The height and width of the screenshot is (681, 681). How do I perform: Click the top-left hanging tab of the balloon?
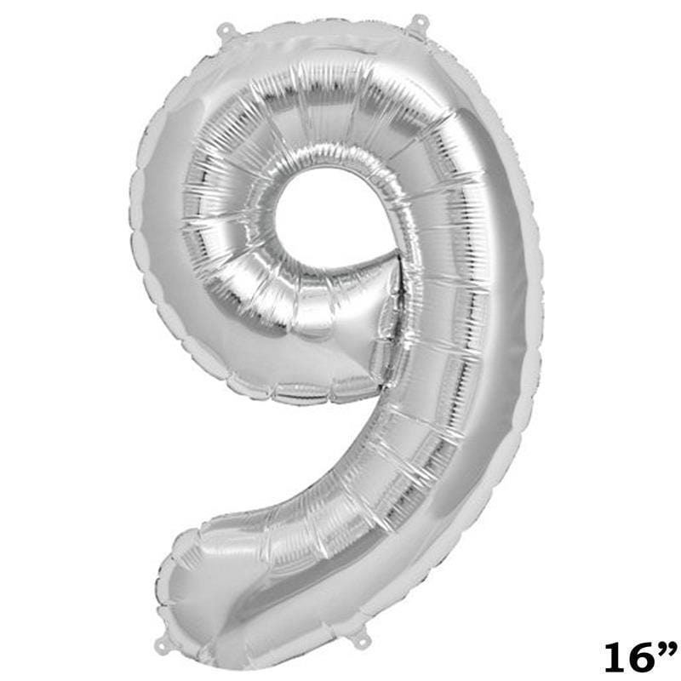226,31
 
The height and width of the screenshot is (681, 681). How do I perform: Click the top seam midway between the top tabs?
322,29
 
